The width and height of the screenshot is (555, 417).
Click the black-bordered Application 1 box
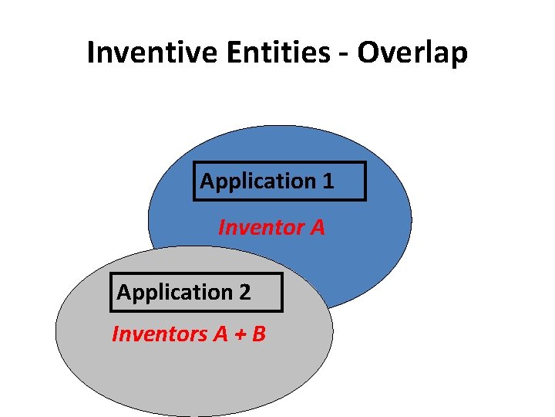(279, 181)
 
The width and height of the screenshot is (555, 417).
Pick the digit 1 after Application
(328, 181)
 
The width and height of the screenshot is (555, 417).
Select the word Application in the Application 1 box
(257, 181)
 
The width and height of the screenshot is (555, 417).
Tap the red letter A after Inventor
(317, 228)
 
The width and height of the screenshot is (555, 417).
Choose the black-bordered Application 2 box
(197, 293)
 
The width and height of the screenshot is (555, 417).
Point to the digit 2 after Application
(244, 293)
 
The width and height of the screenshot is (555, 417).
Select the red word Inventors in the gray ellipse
(157, 334)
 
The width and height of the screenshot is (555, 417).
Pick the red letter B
(258, 334)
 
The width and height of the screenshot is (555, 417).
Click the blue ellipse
(362, 247)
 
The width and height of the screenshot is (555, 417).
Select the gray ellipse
(193, 371)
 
